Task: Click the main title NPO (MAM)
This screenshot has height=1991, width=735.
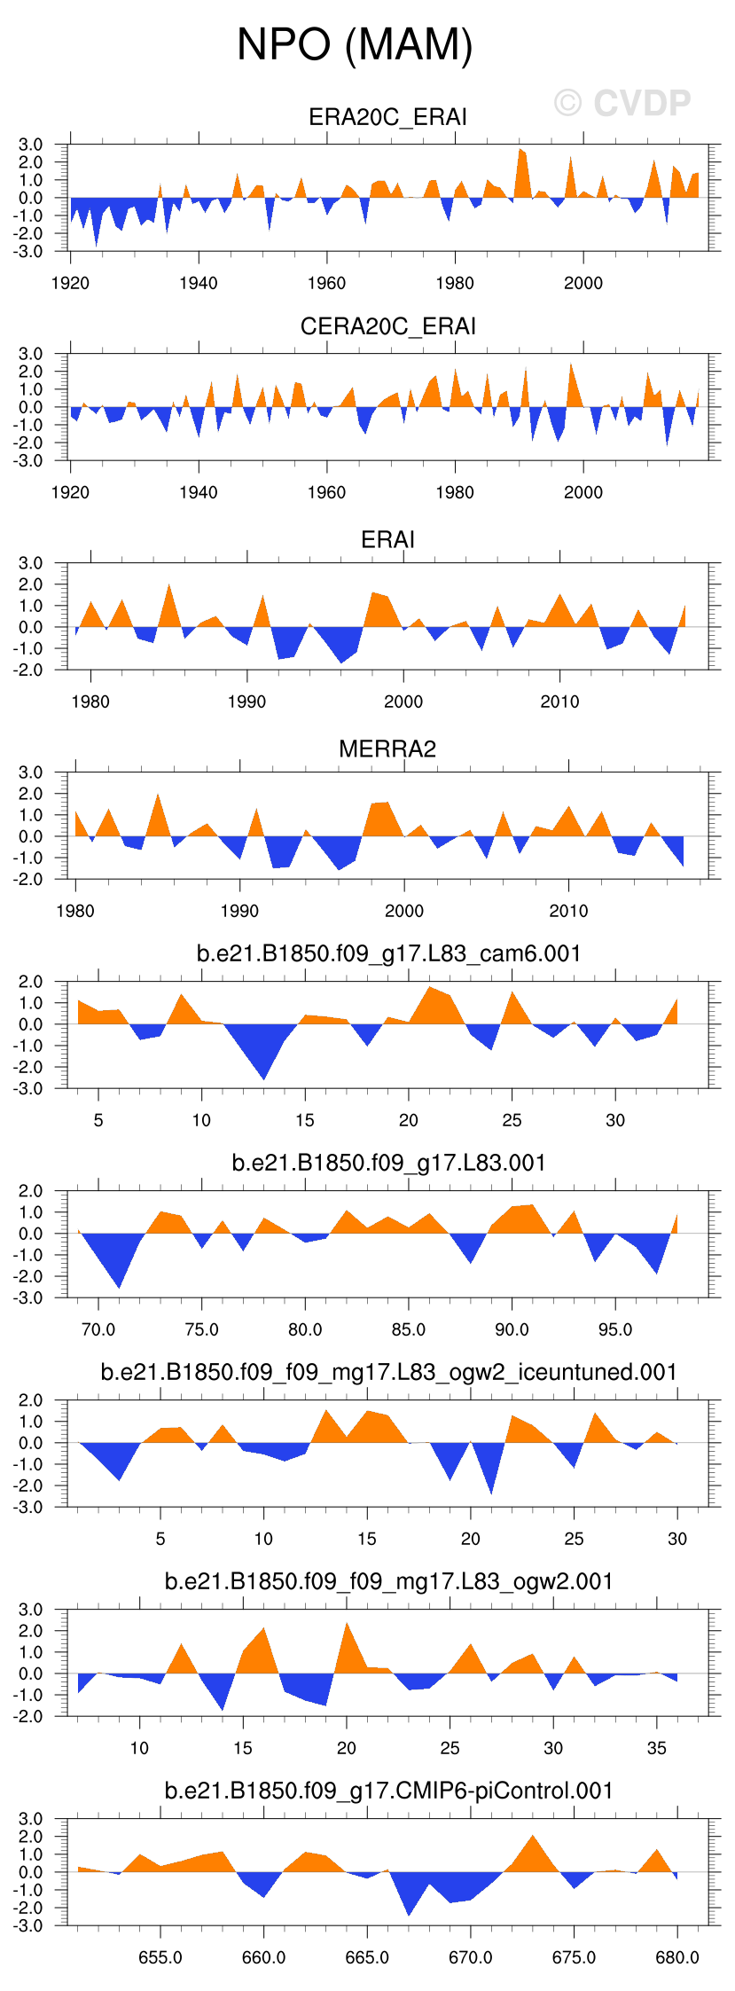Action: (355, 44)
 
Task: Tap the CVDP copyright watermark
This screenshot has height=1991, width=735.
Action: (622, 104)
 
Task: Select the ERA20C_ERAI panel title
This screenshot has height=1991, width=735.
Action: (387, 117)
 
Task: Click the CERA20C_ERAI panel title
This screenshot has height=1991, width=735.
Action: (387, 326)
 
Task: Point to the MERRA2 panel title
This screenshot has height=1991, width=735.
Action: (387, 749)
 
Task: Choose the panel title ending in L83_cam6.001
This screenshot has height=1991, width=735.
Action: (388, 953)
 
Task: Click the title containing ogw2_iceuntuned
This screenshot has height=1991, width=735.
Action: (388, 1372)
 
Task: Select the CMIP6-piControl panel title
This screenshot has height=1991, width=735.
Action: (388, 1791)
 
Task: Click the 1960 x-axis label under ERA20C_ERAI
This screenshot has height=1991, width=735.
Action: (326, 283)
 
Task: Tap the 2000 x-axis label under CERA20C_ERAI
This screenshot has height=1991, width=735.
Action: (583, 492)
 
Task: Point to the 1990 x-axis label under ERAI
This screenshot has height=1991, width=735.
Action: (246, 702)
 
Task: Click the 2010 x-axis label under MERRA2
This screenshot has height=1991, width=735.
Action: (568, 911)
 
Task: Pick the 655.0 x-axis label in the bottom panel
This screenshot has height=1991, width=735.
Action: (160, 1957)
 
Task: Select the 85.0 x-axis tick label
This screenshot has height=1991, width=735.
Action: (409, 1329)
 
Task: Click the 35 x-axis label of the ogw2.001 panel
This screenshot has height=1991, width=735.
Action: (656, 1748)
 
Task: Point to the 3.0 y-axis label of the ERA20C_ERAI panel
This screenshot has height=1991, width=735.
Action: (30, 145)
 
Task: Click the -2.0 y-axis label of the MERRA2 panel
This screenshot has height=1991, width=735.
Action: (30, 879)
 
